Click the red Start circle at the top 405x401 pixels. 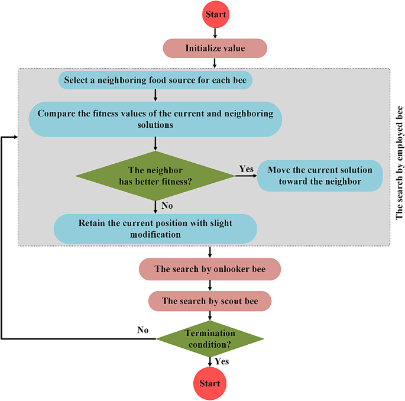click(215, 14)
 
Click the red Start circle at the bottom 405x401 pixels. click(209, 383)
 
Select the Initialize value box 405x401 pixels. click(215, 48)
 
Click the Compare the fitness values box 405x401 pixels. click(155, 119)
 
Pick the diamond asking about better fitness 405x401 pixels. click(155, 176)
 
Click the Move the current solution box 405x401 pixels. click(320, 176)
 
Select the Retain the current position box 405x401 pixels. click(155, 229)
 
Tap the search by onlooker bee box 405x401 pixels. click(209, 269)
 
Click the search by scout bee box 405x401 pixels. click(209, 301)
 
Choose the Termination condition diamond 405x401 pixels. click(209, 338)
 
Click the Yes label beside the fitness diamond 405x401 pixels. click(246, 169)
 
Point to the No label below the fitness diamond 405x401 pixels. click(167, 206)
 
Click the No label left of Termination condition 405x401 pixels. click(142, 330)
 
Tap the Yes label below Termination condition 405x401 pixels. click(222, 361)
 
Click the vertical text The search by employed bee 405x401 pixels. click(399, 163)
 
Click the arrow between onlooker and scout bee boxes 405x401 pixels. click(209, 285)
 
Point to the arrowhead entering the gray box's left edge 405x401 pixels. click(14, 137)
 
